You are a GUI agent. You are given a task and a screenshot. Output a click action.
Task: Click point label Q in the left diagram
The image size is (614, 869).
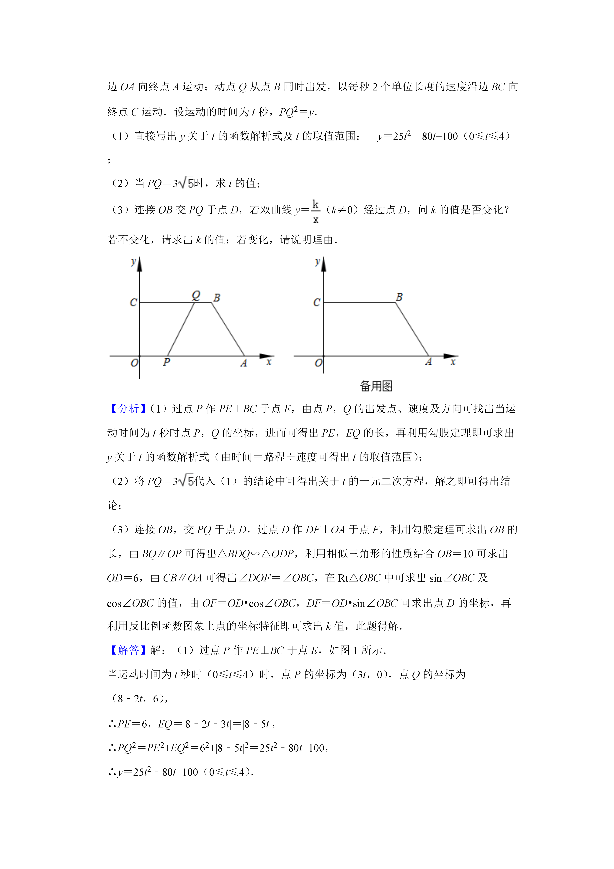(x=196, y=295)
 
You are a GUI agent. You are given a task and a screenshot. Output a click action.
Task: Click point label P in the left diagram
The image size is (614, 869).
(x=166, y=362)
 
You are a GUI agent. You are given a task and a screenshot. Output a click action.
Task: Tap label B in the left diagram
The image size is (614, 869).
(x=217, y=297)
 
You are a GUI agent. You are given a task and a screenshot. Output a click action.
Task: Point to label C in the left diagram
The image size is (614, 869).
(x=133, y=302)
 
